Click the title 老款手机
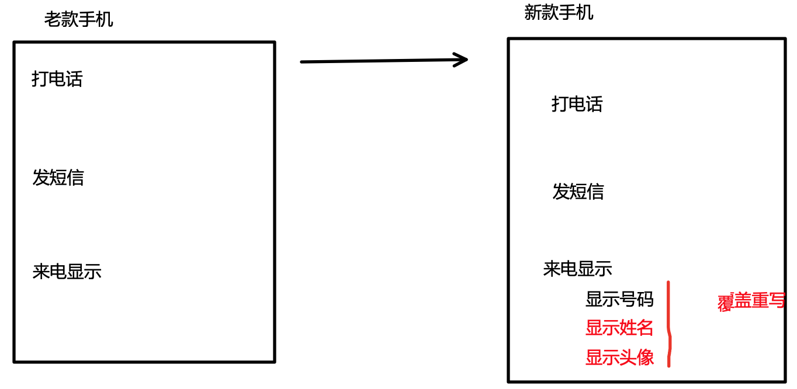click(79, 20)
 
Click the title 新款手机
click(559, 12)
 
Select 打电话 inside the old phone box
click(57, 79)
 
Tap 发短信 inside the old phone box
click(58, 178)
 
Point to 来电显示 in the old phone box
click(67, 272)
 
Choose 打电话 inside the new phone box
click(577, 104)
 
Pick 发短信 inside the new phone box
click(578, 192)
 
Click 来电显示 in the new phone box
click(577, 269)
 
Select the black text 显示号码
click(619, 300)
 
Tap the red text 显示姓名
click(619, 328)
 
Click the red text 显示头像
click(619, 357)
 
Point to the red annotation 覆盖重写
click(751, 301)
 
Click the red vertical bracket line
click(668, 324)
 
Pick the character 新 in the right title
click(533, 12)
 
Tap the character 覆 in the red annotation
click(725, 302)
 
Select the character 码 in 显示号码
click(645, 300)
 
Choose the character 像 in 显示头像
click(645, 357)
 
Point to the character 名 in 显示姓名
click(645, 328)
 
